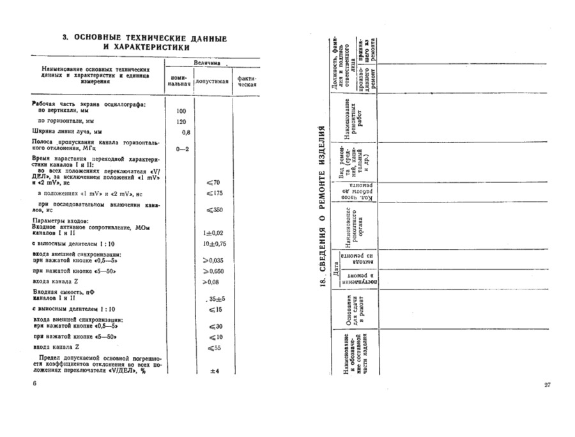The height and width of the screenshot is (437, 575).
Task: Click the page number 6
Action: (x=35, y=382)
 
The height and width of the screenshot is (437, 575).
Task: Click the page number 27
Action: (x=548, y=385)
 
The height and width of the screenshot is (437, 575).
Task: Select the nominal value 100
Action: (x=180, y=111)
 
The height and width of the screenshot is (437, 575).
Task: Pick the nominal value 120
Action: (x=180, y=121)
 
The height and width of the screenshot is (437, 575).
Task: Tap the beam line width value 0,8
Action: (x=186, y=132)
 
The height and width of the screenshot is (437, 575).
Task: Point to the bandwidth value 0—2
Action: (x=182, y=149)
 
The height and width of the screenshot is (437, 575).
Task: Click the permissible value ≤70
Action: (x=213, y=183)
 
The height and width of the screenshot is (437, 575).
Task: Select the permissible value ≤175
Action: (x=213, y=193)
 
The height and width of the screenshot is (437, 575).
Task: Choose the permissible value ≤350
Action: (x=213, y=210)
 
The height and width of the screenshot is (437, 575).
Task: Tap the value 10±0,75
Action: (x=215, y=243)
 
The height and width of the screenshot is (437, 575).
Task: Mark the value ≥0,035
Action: (x=213, y=260)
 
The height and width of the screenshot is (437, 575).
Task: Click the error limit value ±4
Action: (x=215, y=371)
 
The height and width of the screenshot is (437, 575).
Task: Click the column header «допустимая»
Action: (x=212, y=82)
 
